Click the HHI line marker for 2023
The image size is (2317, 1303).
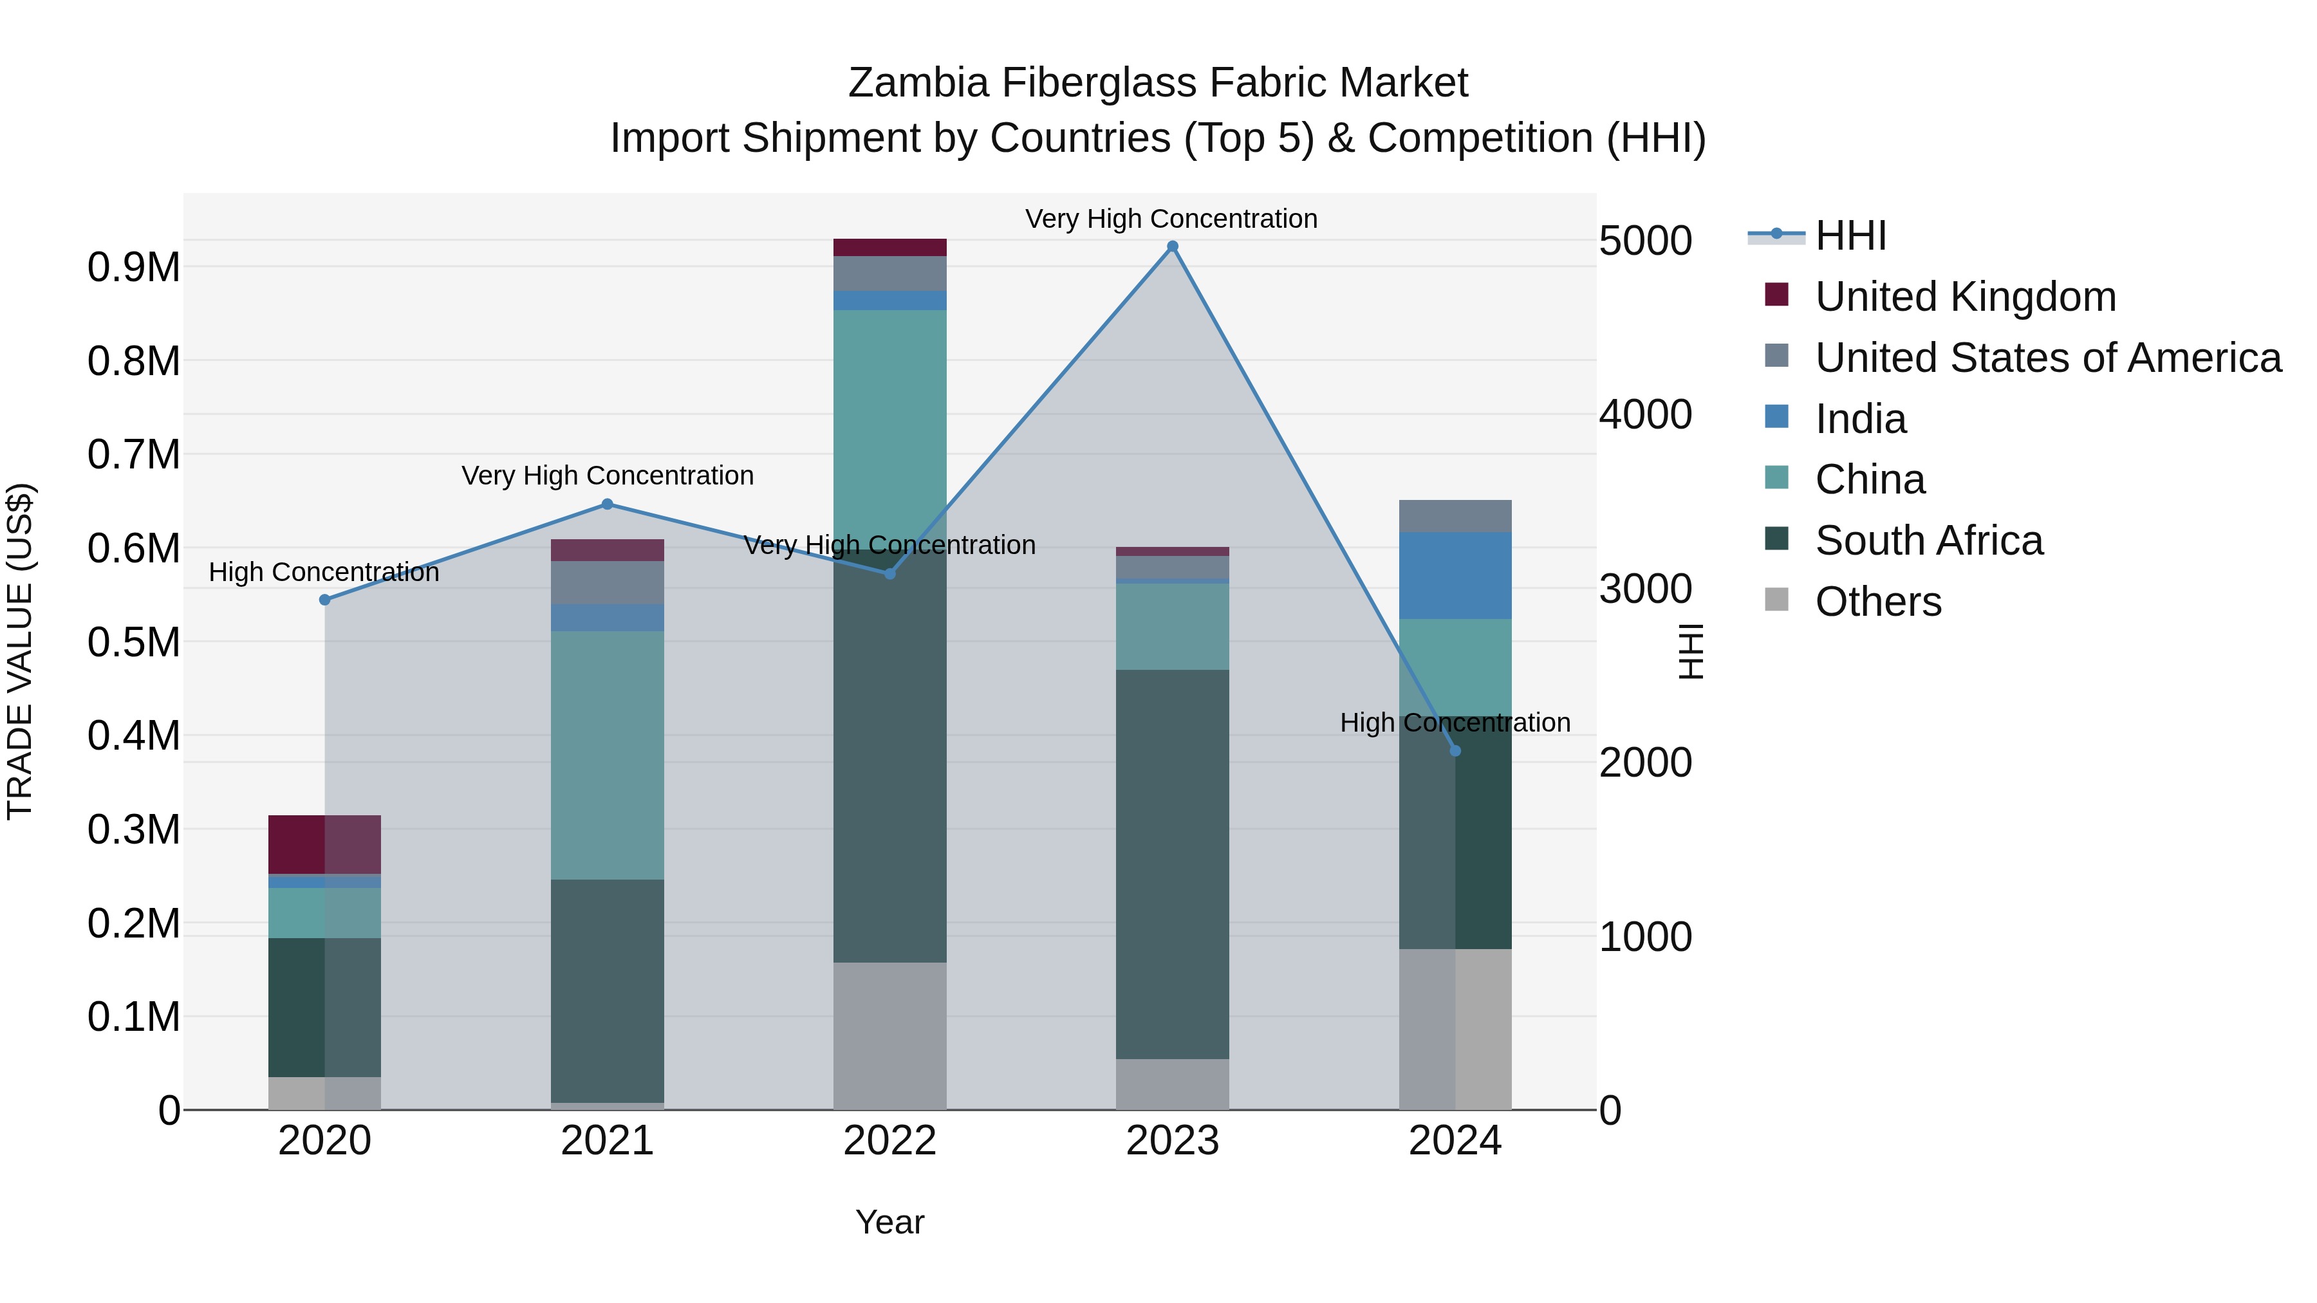(1172, 246)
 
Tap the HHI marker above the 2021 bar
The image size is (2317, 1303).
(607, 504)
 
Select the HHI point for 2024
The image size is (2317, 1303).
(1455, 751)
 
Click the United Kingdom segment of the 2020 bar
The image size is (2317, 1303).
(325, 844)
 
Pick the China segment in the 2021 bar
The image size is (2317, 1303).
(607, 755)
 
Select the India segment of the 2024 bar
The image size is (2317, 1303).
(1455, 575)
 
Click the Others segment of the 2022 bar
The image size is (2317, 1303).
(889, 1036)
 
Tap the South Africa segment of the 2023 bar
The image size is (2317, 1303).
(1172, 864)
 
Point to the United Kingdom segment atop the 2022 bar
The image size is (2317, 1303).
(889, 247)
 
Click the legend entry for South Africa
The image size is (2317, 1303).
(1928, 541)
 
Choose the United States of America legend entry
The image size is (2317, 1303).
(2047, 358)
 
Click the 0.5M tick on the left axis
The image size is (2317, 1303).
(133, 642)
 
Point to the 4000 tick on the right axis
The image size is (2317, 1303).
(1645, 414)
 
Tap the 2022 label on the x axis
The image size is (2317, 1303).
(889, 1141)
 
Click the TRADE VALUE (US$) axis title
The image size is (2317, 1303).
(20, 651)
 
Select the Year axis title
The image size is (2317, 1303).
(889, 1222)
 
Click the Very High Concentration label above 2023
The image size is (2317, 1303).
(1171, 219)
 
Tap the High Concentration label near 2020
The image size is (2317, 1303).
(324, 572)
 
